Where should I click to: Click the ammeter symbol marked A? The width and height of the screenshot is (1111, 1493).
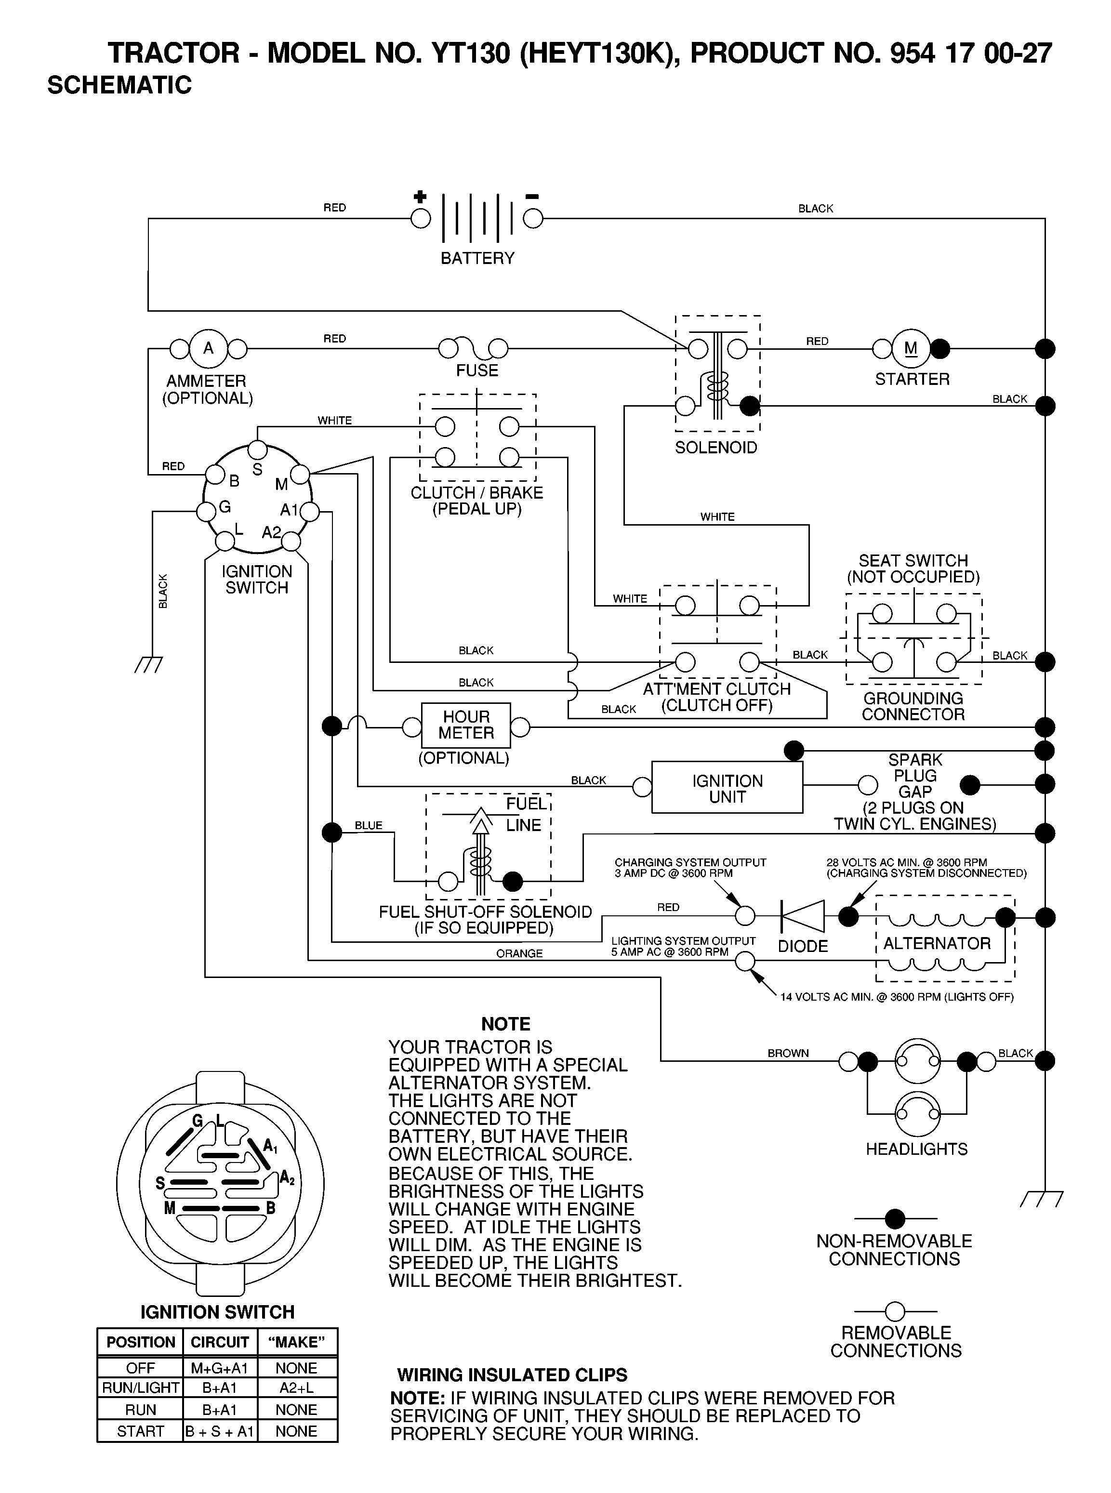point(209,348)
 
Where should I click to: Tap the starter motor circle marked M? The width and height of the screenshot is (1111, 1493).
point(911,348)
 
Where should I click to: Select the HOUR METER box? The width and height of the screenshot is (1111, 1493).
point(466,726)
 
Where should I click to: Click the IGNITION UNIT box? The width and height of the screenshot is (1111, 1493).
point(727,788)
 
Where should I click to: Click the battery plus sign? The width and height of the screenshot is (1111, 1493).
point(420,197)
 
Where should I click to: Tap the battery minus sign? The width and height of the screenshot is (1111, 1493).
point(532,197)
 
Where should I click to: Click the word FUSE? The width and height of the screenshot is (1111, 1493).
point(477,370)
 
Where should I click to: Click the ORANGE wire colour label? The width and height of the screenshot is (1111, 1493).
point(519,953)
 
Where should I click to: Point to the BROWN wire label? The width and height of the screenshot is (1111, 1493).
point(788,1053)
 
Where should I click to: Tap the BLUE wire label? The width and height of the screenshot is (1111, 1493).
point(369,826)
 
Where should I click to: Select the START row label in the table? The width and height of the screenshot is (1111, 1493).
point(141,1431)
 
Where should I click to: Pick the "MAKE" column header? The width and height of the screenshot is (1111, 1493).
point(297,1342)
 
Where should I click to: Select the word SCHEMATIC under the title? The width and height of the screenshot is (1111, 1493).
point(119,85)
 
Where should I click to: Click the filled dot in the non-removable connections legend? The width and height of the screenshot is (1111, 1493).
point(895,1218)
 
